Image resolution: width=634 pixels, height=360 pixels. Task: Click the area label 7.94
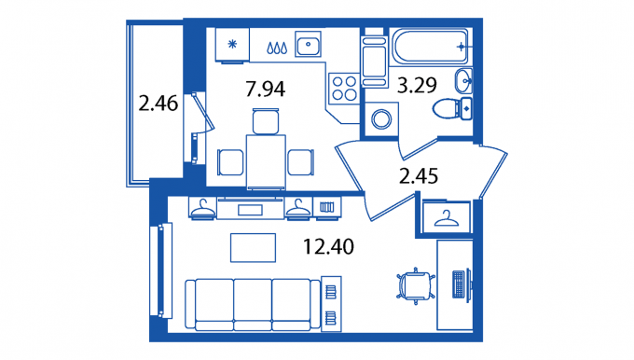[x=265, y=89]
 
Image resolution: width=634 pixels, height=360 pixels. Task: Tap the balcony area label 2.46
[x=158, y=104]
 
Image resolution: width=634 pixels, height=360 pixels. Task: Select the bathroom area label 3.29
[x=417, y=86]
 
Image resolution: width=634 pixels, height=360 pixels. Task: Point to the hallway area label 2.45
[x=419, y=176]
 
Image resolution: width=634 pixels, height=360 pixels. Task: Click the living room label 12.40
[x=328, y=246]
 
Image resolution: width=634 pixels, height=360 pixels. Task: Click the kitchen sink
[x=308, y=44]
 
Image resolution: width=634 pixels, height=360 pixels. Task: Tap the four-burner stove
[x=344, y=88]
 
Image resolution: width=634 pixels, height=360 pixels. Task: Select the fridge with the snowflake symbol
[x=232, y=45]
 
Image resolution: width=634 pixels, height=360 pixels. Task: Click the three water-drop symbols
[x=277, y=48]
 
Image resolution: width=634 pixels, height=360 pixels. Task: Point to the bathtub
[x=430, y=46]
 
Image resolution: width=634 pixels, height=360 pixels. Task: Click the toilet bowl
[x=446, y=109]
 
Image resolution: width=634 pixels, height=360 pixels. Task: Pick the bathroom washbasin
[x=463, y=80]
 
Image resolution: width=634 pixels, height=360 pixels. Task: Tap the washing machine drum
[x=381, y=119]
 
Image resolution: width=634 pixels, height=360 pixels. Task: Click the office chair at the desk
[x=416, y=285]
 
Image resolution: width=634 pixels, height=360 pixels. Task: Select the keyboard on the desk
[x=458, y=284]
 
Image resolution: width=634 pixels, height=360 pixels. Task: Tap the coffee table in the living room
[x=253, y=247]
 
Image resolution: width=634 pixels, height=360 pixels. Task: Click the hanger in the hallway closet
[x=447, y=218]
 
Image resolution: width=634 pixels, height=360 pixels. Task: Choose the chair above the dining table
[x=266, y=121]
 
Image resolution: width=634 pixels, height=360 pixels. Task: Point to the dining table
[x=266, y=161]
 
